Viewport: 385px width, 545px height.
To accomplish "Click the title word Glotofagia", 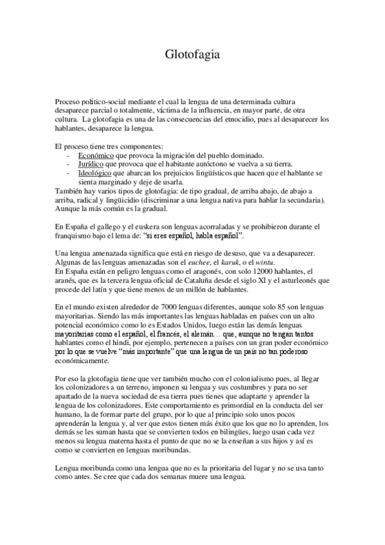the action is pyautogui.click(x=192, y=55).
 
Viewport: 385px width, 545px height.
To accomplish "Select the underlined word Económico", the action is pyautogui.click(x=94, y=156).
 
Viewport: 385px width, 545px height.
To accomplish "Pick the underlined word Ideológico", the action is pyautogui.click(x=94, y=174).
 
